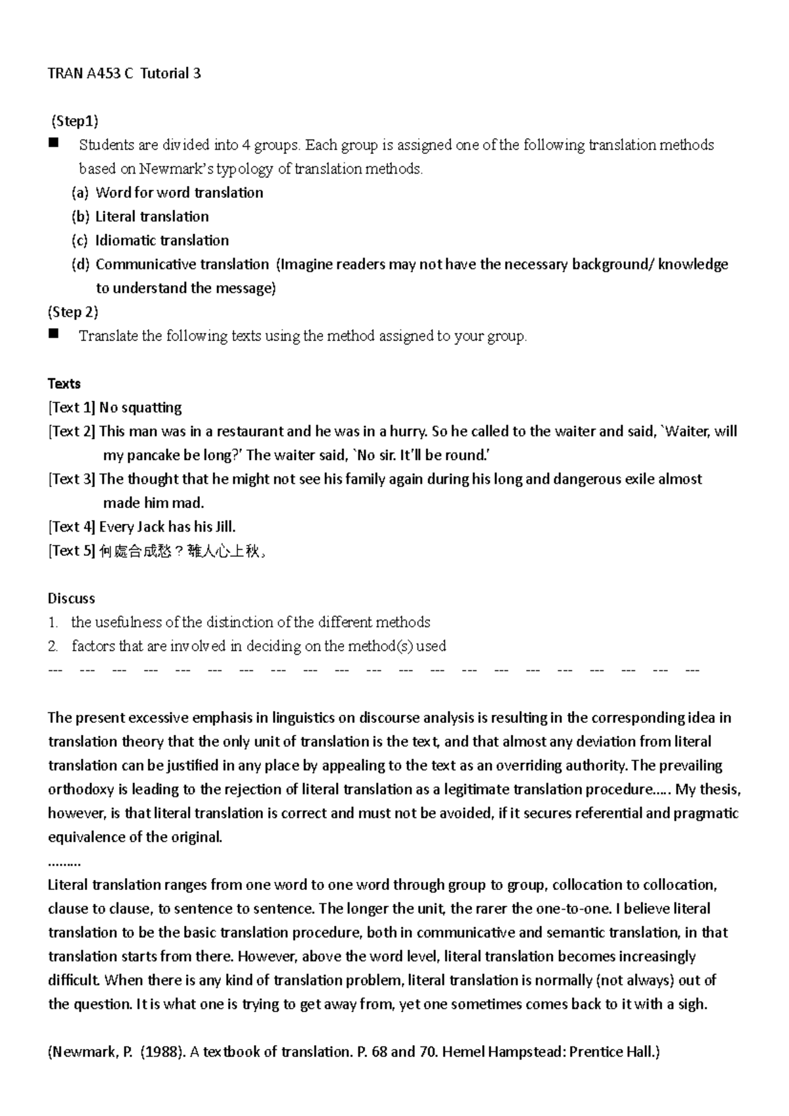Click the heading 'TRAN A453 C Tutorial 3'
click(124, 74)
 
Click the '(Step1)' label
click(75, 121)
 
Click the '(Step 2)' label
click(73, 312)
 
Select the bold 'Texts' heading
click(64, 384)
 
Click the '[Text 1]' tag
click(72, 407)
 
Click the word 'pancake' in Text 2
click(153, 455)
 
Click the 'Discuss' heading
click(71, 599)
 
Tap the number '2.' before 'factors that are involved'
click(53, 647)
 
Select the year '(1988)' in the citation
click(162, 1052)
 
